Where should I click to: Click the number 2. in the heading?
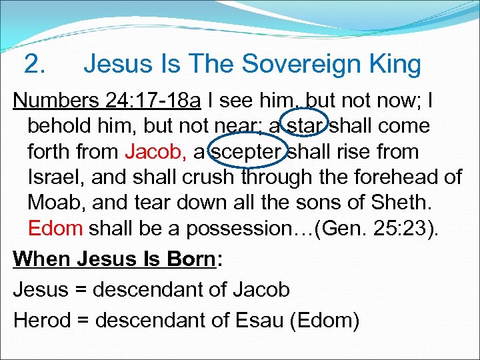pos(34,65)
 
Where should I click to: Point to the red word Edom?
pos(55,229)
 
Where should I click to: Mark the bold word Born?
pos(187,258)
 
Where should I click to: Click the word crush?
pos(209,177)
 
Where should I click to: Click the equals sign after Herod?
pos(83,321)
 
